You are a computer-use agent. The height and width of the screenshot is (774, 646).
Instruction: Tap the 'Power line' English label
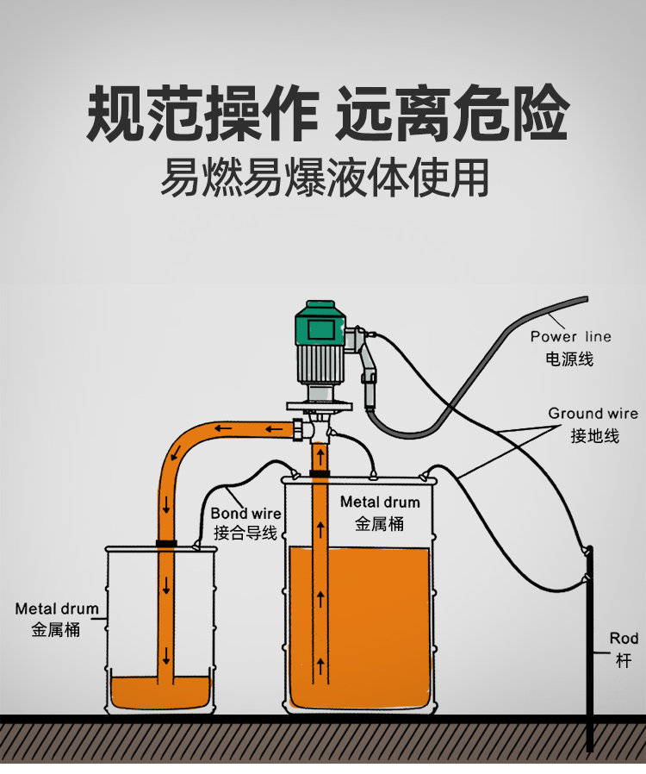pyautogui.click(x=570, y=336)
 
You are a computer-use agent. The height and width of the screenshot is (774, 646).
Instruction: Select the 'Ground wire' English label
pyautogui.click(x=593, y=414)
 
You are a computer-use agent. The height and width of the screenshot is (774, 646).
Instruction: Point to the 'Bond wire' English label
pyautogui.click(x=245, y=514)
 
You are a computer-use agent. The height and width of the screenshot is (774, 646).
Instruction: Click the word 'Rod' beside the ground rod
pyautogui.click(x=624, y=639)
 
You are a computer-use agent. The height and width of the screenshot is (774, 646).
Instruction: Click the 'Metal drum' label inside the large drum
pyautogui.click(x=380, y=502)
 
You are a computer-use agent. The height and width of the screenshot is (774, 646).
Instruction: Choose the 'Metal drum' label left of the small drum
pyautogui.click(x=57, y=609)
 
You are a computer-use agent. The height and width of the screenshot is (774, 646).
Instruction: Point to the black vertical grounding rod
pyautogui.click(x=589, y=655)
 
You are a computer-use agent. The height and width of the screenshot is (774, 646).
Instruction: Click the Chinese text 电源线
pyautogui.click(x=569, y=358)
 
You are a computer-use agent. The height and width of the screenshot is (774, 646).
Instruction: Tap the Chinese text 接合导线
pyautogui.click(x=245, y=534)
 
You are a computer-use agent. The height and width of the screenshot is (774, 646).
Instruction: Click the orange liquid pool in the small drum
pyautogui.click(x=160, y=690)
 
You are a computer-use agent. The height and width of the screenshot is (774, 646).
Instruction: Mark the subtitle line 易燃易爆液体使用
pyautogui.click(x=324, y=178)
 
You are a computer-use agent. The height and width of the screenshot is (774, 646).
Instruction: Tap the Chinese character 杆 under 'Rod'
pyautogui.click(x=624, y=660)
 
